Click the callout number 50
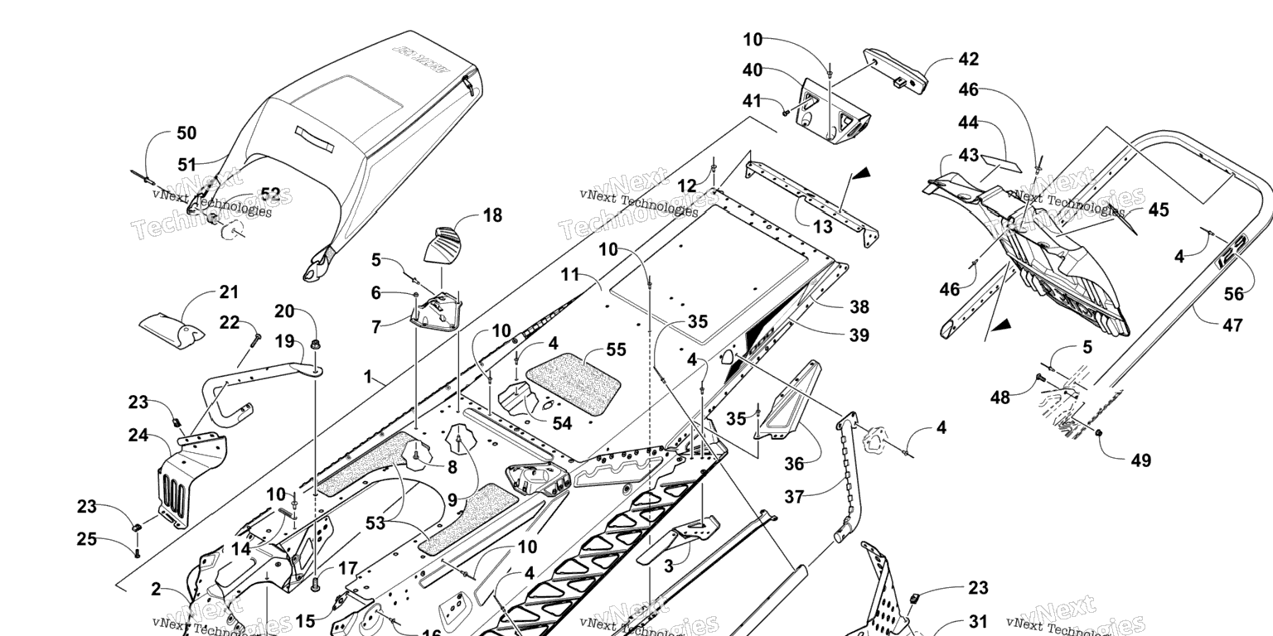tap(186, 133)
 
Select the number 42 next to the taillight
tap(968, 60)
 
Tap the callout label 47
tap(1232, 325)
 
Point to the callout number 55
tap(616, 349)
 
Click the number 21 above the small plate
tap(229, 292)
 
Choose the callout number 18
tap(492, 216)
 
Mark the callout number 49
tap(1140, 460)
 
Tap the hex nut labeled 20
tap(315, 342)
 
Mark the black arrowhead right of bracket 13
tap(862, 174)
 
